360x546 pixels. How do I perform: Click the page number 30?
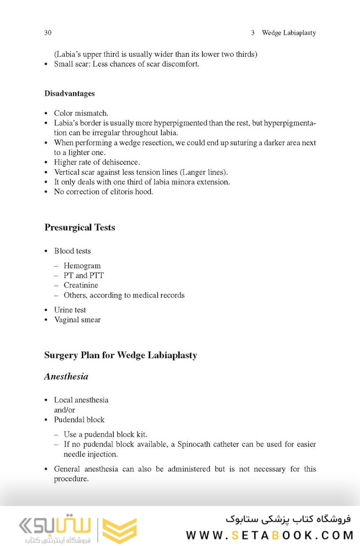(x=48, y=33)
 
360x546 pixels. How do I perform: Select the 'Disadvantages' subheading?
(x=69, y=94)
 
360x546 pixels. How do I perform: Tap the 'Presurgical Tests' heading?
(x=79, y=227)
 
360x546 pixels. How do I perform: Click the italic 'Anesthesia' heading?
(x=66, y=376)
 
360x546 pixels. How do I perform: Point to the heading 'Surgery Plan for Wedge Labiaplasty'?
(x=120, y=355)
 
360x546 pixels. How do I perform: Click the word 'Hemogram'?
(x=82, y=266)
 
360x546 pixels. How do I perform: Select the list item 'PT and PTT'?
(x=83, y=275)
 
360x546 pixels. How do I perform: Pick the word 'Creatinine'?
(x=81, y=285)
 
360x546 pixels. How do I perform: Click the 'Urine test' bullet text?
(x=70, y=310)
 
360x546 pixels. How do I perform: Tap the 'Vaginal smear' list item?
(x=77, y=320)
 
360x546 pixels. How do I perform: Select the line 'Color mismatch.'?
(x=81, y=113)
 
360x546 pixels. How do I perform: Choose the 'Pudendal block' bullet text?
(x=79, y=419)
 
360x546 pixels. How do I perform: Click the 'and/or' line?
(x=64, y=410)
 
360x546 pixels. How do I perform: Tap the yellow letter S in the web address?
(x=236, y=534)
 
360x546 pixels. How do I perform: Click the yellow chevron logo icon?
(x=120, y=530)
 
